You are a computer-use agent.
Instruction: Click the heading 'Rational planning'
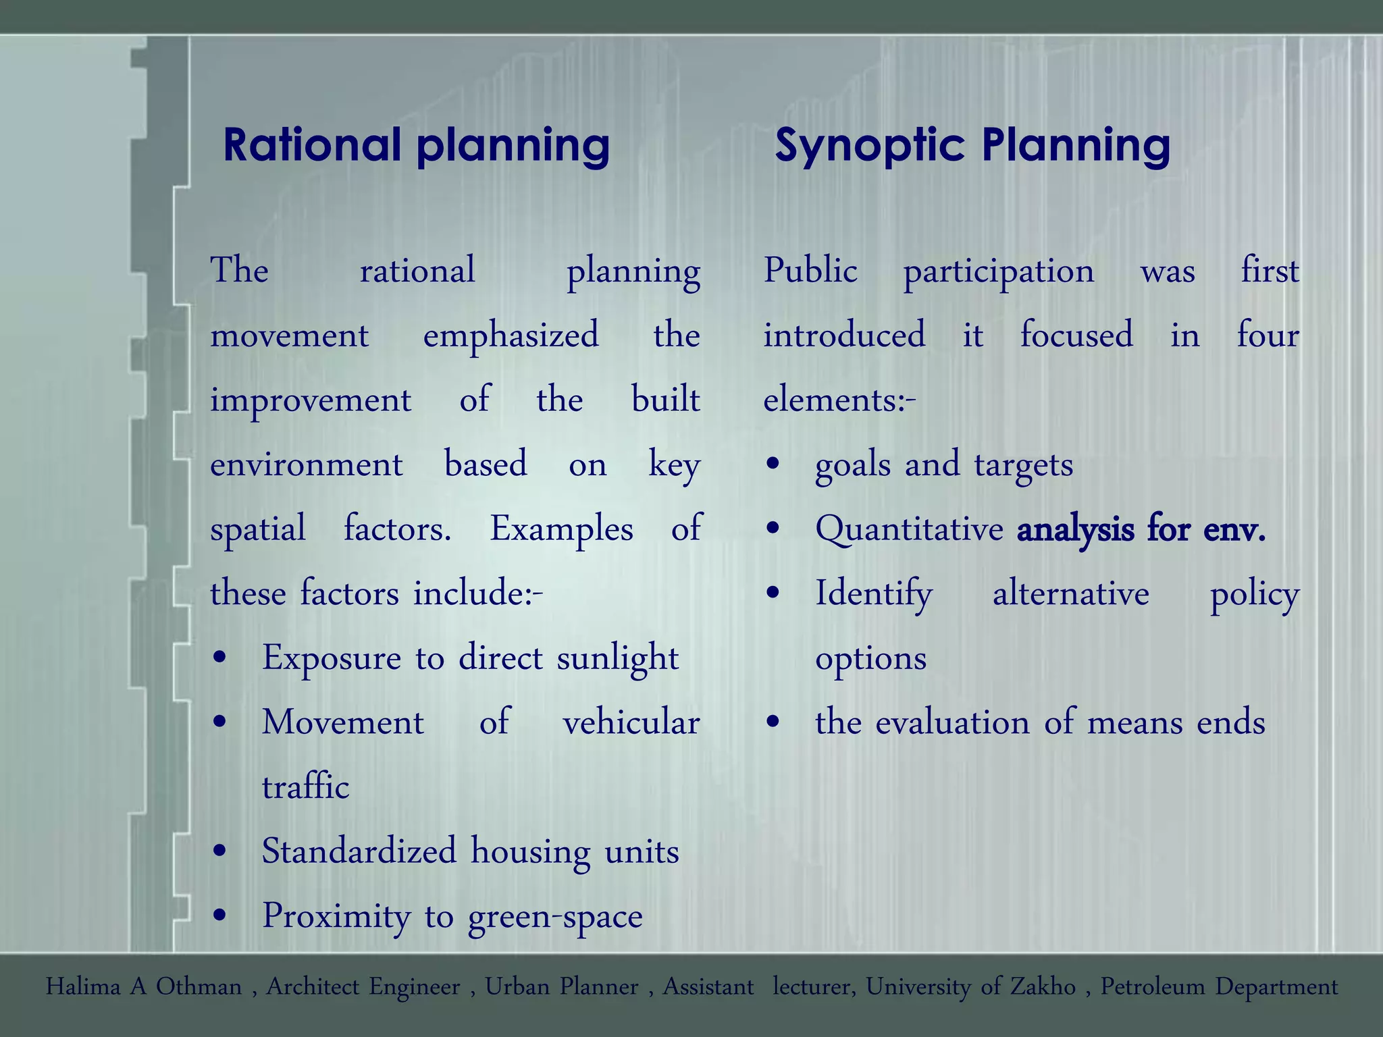(x=416, y=145)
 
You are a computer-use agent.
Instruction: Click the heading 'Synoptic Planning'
(x=972, y=145)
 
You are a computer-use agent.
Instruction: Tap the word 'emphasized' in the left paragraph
(x=511, y=336)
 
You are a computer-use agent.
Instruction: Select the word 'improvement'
(x=311, y=400)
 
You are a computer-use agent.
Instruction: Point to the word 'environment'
(x=307, y=464)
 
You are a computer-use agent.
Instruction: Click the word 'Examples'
(x=561, y=529)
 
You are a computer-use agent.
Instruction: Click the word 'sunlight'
(x=617, y=658)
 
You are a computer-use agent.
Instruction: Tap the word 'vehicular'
(x=631, y=722)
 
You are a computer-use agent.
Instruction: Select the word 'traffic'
(x=305, y=787)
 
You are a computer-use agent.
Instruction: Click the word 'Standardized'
(x=359, y=851)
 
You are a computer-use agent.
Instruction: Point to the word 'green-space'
(x=555, y=916)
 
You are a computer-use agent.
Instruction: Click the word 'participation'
(x=999, y=271)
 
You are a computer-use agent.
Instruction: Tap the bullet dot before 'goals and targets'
(x=773, y=465)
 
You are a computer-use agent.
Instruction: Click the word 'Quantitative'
(x=909, y=529)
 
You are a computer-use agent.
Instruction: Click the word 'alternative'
(x=1070, y=593)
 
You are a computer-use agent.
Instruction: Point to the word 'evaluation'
(x=953, y=722)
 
